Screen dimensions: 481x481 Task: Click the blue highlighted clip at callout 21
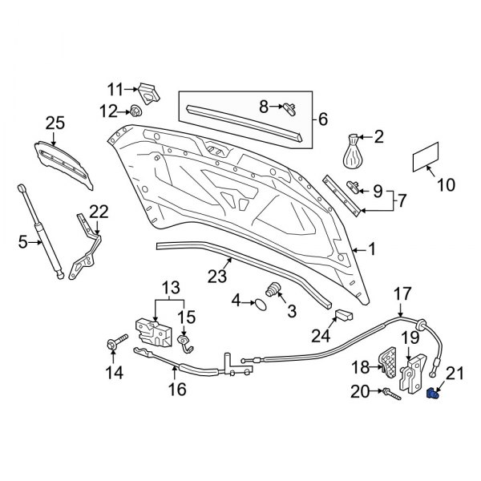point(434,393)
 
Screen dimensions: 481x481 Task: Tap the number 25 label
point(55,123)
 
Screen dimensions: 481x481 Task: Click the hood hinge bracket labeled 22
point(87,247)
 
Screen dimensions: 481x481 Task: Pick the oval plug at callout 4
point(261,302)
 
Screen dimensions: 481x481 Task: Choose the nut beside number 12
point(137,110)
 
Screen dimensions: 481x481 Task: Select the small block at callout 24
point(344,315)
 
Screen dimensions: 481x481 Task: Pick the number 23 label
point(217,277)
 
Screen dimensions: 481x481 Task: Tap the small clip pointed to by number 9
point(354,187)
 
